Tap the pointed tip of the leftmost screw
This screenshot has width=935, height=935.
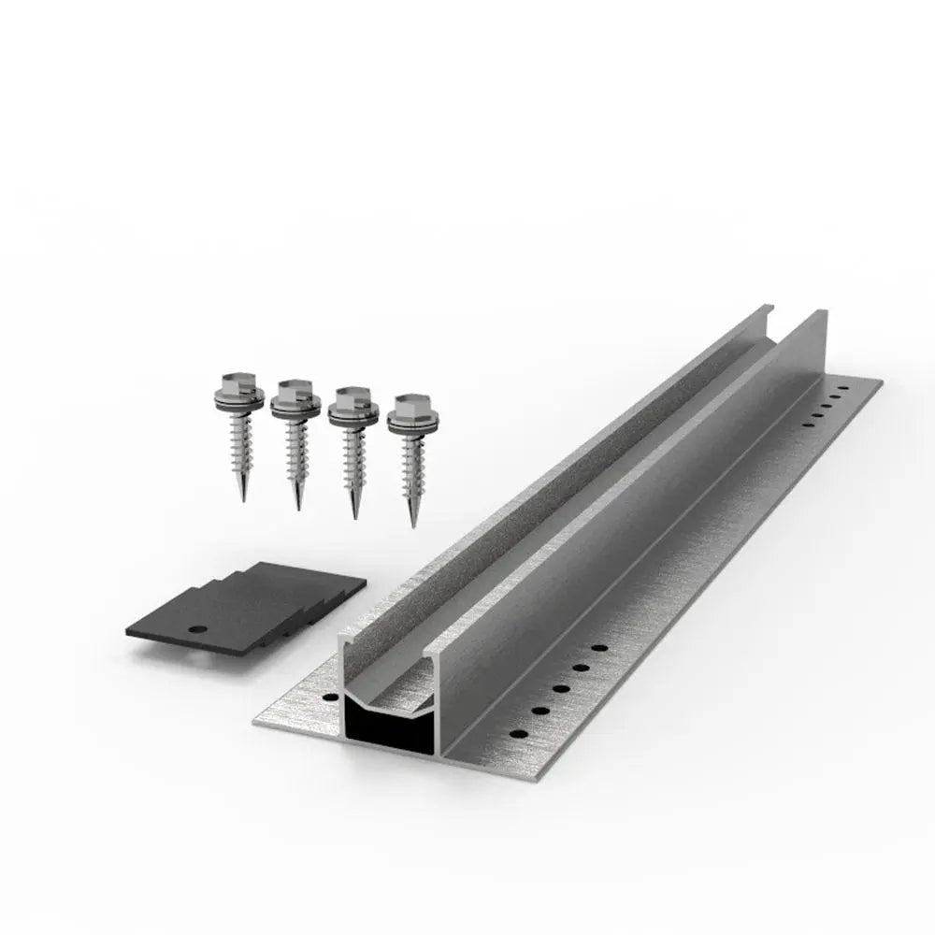pyautogui.click(x=242, y=498)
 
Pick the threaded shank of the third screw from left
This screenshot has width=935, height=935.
pyautogui.click(x=352, y=463)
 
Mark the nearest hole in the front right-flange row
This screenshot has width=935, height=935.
pyautogui.click(x=511, y=734)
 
